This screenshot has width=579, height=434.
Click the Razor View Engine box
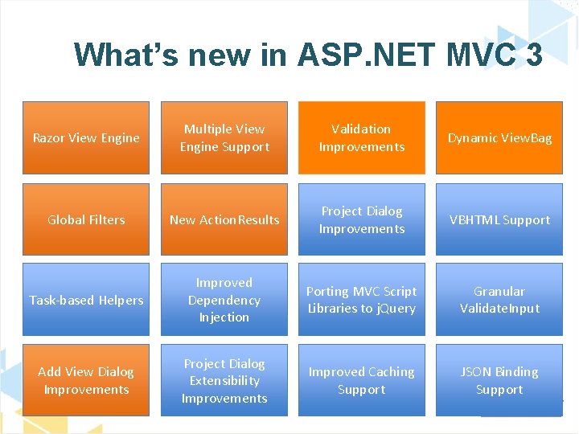click(x=86, y=137)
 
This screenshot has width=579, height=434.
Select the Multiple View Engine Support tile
click(x=224, y=137)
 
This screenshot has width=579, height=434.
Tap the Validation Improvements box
click(x=362, y=137)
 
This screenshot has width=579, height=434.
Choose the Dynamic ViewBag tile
click(x=499, y=137)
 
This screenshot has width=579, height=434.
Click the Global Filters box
click(x=86, y=219)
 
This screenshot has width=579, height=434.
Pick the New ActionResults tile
click(x=224, y=219)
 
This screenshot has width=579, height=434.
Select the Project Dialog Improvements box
click(x=362, y=219)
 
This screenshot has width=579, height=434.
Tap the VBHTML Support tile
click(x=499, y=219)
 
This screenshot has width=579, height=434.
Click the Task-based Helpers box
click(x=86, y=300)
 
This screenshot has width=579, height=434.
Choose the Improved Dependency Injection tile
click(x=224, y=300)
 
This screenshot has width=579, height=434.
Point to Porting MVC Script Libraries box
click(x=362, y=300)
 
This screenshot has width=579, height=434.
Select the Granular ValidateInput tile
click(x=499, y=300)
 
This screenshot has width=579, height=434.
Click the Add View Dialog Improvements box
click(x=86, y=380)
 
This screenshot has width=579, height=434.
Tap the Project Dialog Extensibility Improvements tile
click(x=224, y=380)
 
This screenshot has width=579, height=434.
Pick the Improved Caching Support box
click(x=362, y=380)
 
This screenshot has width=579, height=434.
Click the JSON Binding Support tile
click(x=499, y=380)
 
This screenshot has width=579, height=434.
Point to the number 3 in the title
click(x=532, y=55)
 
